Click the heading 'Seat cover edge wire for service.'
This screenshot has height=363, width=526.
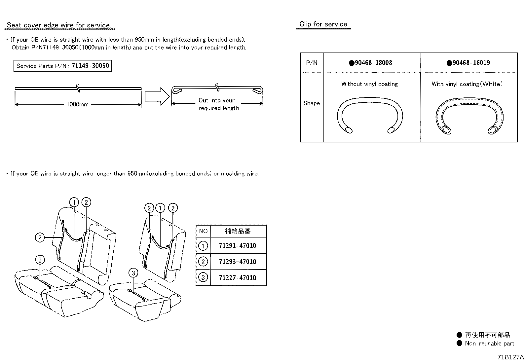pos(59,25)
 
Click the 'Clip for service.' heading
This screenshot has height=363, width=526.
pos(324,24)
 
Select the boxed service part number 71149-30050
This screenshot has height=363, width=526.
pos(63,66)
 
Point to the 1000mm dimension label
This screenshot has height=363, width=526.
pos(78,105)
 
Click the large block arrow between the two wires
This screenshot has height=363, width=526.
pos(157,96)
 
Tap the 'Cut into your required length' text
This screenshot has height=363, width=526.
pos(218,104)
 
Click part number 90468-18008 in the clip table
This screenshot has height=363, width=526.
pos(371,63)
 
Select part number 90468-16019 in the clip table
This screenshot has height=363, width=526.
pos(469,63)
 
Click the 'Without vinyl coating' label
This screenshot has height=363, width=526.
pos(369,84)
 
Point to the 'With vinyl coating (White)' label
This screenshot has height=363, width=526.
pos(467,84)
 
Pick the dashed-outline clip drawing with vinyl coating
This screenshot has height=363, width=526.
pos(469,116)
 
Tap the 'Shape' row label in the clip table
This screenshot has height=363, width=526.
pos(312,103)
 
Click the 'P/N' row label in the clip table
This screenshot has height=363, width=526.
pos(312,63)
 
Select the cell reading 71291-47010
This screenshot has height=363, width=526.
pos(238,246)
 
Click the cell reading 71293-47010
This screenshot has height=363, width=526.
pos(238,262)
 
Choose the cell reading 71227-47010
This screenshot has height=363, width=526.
pos(238,278)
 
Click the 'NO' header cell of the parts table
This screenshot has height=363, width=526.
pos(203,231)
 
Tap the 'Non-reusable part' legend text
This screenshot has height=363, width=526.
pos(489,344)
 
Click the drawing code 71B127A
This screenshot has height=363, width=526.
pos(511,357)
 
